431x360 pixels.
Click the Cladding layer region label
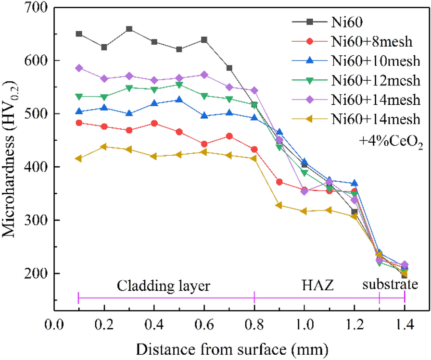164,286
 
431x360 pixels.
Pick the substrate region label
390,285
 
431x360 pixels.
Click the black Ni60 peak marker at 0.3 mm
129,29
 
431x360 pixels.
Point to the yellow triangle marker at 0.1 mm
78,158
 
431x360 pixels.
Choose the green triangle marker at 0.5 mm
179,85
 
